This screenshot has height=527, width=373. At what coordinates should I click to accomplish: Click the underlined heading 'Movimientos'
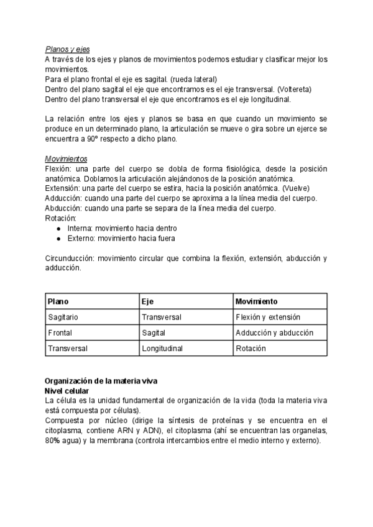(67, 160)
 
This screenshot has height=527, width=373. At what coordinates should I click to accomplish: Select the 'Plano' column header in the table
(58, 301)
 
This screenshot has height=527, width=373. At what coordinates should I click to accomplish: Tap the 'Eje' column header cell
(147, 301)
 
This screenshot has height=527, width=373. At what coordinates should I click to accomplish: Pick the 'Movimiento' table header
(257, 301)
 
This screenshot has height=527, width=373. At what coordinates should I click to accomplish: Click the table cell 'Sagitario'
(63, 317)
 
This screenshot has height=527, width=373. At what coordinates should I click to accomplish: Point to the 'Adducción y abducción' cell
(274, 333)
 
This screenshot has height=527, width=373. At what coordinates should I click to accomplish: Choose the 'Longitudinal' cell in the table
(162, 349)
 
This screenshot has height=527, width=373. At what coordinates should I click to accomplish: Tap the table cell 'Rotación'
(251, 349)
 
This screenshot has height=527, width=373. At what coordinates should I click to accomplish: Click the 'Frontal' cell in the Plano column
(60, 333)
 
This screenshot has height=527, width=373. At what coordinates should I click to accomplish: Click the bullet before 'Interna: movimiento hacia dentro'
(58, 229)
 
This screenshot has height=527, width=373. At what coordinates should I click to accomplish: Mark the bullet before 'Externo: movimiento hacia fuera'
(58, 238)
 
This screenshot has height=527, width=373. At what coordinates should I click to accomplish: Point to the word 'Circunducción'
(70, 258)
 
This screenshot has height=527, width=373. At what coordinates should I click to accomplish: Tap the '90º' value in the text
(98, 139)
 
